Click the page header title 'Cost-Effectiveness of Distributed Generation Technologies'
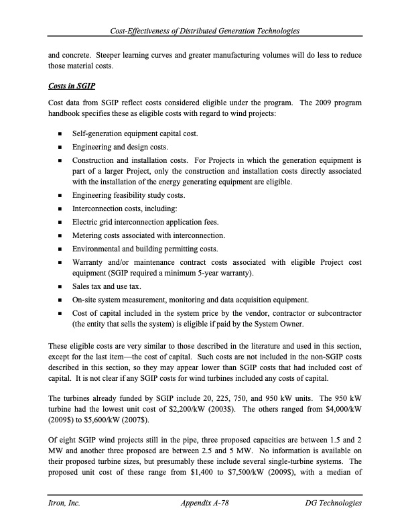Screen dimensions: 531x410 click(x=205, y=32)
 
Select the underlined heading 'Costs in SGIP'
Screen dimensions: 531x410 click(x=70, y=86)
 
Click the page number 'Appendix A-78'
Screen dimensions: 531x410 click(x=205, y=503)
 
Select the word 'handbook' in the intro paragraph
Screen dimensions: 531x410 click(x=66, y=115)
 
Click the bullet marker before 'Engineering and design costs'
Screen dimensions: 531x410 click(x=60, y=146)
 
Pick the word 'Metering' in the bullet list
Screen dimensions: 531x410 click(x=87, y=235)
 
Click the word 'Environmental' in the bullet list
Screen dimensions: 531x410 click(x=97, y=248)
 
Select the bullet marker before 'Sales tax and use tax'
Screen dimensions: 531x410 click(x=60, y=286)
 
